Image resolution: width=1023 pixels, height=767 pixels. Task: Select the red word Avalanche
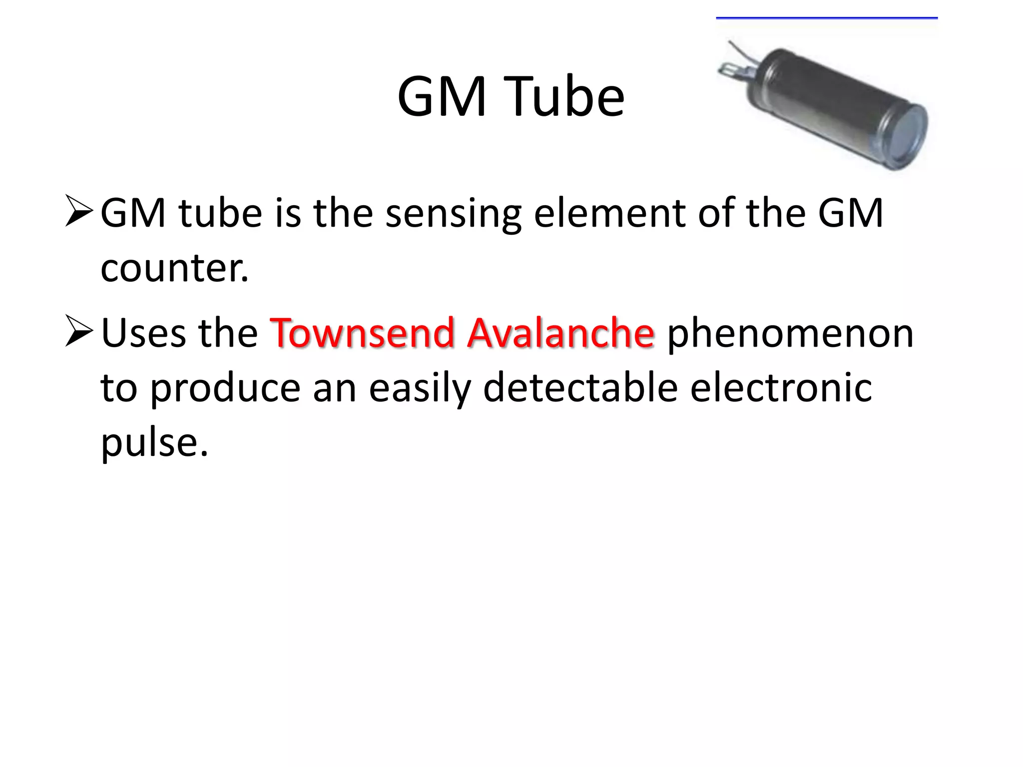tap(560, 333)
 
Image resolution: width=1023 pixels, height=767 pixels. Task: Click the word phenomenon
tap(790, 333)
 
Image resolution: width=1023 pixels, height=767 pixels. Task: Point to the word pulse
tap(154, 443)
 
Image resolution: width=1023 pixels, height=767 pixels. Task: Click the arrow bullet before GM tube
tap(79, 211)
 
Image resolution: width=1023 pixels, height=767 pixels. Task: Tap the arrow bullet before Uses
tap(79, 331)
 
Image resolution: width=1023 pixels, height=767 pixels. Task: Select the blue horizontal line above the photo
tap(827, 18)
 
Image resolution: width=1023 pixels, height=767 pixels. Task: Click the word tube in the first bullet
tap(220, 214)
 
